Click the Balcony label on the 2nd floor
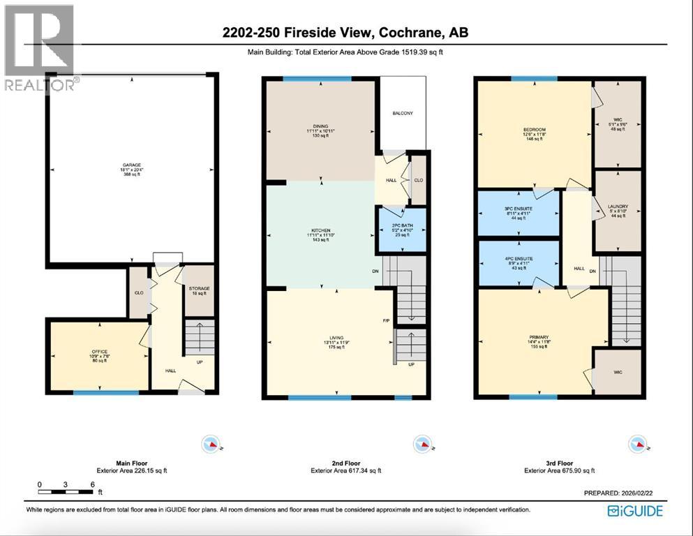[402, 113]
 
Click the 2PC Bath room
[401, 229]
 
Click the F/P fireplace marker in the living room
[386, 322]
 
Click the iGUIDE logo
[635, 510]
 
